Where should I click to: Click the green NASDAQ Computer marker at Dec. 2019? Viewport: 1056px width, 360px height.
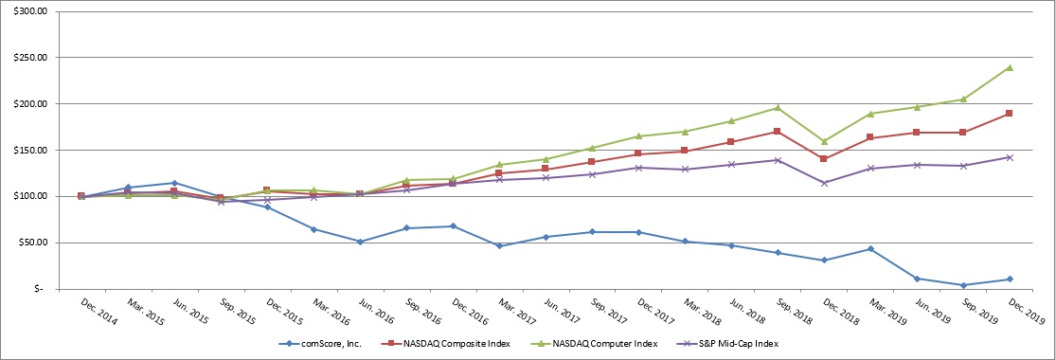coord(1010,67)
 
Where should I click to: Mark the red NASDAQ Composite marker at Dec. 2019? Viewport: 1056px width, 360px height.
coord(1010,114)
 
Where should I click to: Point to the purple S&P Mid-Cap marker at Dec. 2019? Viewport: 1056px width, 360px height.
coord(1010,157)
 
